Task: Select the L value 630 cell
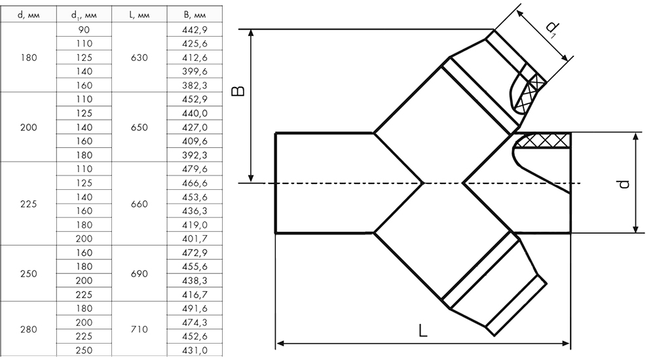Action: pyautogui.click(x=140, y=58)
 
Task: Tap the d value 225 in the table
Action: pyautogui.click(x=29, y=204)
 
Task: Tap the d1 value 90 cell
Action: pyautogui.click(x=85, y=29)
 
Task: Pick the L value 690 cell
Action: pyautogui.click(x=140, y=274)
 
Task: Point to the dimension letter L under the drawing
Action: pyautogui.click(x=423, y=331)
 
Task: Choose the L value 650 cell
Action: pyautogui.click(x=140, y=127)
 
